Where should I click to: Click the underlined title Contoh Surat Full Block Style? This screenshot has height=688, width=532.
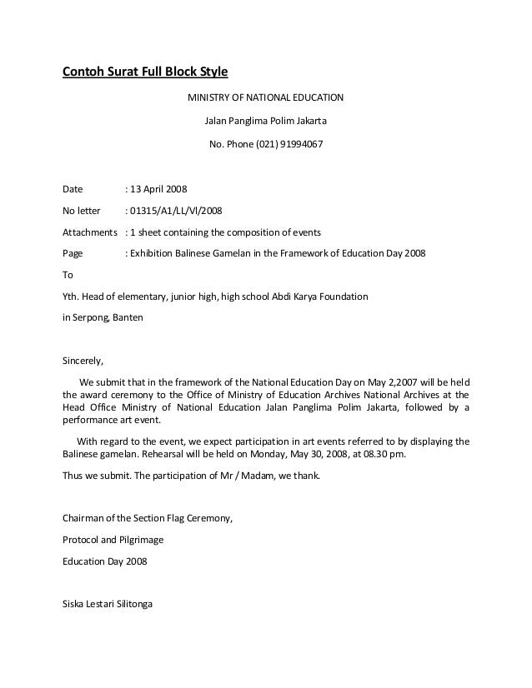click(x=145, y=72)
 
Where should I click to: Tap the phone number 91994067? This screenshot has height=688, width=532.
click(x=299, y=143)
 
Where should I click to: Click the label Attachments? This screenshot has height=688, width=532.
click(x=91, y=232)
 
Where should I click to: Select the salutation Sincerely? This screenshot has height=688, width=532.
click(x=84, y=362)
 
